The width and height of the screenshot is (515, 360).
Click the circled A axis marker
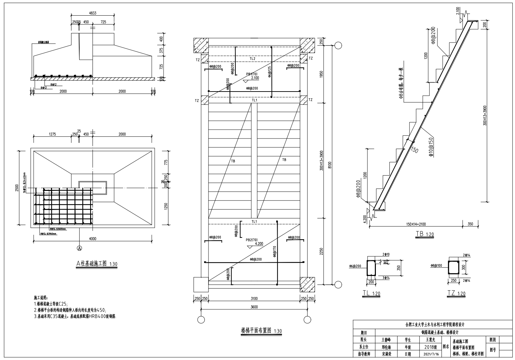80,248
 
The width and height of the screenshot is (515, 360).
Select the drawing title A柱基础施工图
91,263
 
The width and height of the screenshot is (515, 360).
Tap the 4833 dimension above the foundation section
93,13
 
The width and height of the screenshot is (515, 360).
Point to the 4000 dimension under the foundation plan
93,239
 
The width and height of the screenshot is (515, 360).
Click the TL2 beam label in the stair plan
252,59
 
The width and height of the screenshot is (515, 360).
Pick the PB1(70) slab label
252,74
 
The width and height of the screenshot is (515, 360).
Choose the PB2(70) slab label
252,240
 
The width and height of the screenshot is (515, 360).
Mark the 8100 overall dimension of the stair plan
330,165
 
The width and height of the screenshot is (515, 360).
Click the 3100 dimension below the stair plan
254,299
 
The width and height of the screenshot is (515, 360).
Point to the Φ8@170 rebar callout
275,251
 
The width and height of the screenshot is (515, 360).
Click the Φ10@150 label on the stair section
431,147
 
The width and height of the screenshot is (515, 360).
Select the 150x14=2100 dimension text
416,224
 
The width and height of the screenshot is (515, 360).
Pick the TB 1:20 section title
425,234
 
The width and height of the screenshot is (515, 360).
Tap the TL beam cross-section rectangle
370,268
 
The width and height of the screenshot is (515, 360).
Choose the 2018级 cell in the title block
430,347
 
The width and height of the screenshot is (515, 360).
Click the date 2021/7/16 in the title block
431,354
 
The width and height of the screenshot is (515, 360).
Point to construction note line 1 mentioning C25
51,304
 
